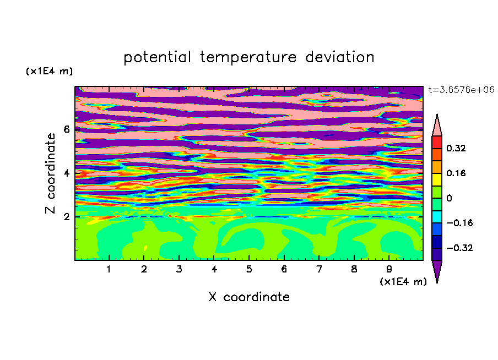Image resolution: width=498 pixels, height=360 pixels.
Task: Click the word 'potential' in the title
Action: (x=157, y=58)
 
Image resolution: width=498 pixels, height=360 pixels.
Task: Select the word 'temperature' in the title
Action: (x=248, y=58)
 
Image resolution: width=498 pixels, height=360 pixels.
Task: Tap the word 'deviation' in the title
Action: (x=340, y=57)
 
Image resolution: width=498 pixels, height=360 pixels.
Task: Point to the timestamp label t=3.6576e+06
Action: (x=461, y=90)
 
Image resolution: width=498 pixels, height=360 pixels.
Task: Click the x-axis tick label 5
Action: (x=249, y=269)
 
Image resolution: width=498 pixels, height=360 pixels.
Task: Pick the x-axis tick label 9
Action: (x=389, y=269)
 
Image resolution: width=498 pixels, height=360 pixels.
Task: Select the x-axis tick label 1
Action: (x=109, y=269)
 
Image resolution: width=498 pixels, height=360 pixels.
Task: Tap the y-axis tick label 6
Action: (x=66, y=129)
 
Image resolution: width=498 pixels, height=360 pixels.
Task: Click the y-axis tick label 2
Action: (x=66, y=217)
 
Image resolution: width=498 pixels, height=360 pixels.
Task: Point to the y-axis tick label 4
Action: (x=66, y=173)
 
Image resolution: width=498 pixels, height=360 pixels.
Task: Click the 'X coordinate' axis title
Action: (x=249, y=297)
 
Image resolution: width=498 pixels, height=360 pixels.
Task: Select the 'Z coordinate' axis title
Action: (x=50, y=173)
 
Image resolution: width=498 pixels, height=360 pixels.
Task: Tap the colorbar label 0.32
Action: (x=456, y=148)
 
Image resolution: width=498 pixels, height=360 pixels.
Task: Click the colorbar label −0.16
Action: (x=459, y=223)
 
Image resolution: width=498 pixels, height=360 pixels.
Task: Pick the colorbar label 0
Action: (x=449, y=198)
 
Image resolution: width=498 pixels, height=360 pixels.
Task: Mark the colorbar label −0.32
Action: (x=459, y=248)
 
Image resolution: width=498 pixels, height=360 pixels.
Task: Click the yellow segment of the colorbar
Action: (x=437, y=179)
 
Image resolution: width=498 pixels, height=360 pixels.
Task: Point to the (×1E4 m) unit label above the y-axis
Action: (x=49, y=71)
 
